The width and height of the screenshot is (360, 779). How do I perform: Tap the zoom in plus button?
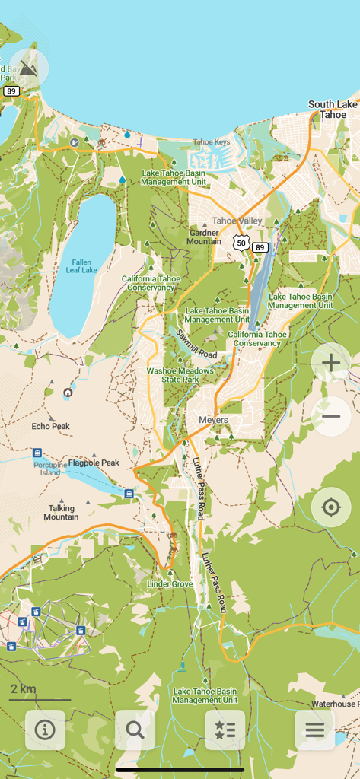click(331, 363)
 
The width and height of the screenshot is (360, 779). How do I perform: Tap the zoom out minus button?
click(331, 416)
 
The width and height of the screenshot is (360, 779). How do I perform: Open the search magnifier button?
click(135, 730)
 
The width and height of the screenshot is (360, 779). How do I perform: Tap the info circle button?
click(45, 730)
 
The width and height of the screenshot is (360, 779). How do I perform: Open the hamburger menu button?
click(314, 730)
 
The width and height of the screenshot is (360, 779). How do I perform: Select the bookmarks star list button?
click(225, 730)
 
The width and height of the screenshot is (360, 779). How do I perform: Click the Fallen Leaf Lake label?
click(81, 266)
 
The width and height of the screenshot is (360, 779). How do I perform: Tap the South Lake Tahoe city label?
click(333, 110)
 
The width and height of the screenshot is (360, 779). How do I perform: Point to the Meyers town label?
click(213, 420)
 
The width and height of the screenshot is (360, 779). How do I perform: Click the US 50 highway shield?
click(241, 243)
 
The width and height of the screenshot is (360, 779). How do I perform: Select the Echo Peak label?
click(51, 426)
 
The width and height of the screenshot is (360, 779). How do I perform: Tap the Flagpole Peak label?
click(94, 463)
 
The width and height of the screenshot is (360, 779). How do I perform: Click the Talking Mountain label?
click(61, 512)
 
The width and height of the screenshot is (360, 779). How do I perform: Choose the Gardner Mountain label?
click(204, 237)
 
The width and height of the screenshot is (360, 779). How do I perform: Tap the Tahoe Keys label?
click(212, 142)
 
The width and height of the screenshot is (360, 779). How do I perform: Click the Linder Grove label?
click(170, 583)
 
